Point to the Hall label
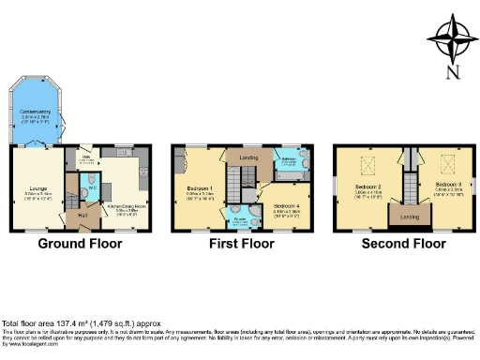[82, 216]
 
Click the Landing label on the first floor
[248, 157]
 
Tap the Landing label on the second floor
[410, 217]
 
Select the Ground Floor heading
[76, 245]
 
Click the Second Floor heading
[405, 245]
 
